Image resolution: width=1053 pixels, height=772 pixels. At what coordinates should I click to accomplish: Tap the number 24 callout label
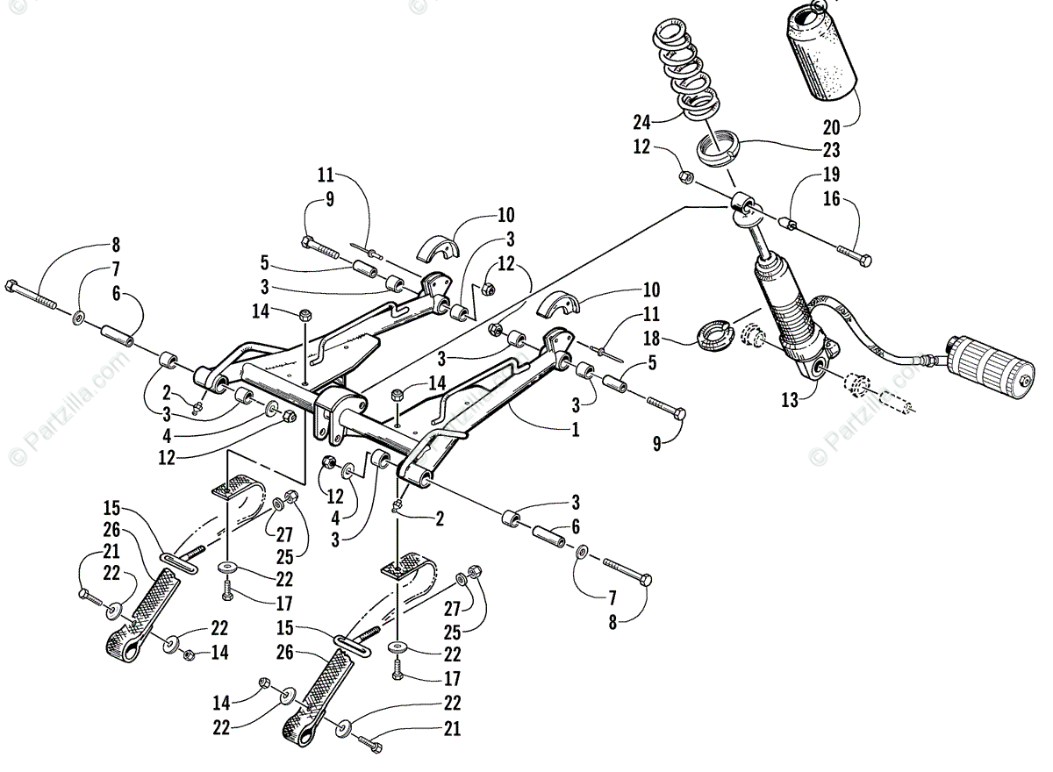tap(642, 121)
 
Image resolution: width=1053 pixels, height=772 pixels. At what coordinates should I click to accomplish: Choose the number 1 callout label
tap(575, 431)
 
